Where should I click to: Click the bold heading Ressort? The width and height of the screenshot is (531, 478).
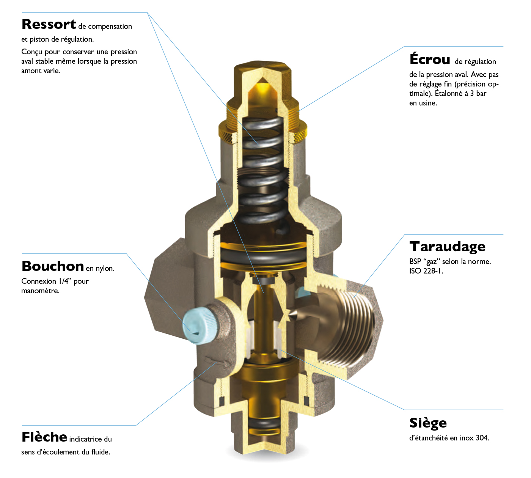[49, 24]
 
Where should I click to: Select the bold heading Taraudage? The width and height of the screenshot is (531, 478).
[447, 247]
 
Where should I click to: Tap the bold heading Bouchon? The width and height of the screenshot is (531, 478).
[53, 266]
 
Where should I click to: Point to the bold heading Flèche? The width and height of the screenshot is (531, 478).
[44, 437]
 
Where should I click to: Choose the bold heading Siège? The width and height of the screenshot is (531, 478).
[428, 423]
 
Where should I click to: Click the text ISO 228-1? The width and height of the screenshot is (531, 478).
[426, 271]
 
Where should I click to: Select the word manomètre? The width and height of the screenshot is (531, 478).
[40, 291]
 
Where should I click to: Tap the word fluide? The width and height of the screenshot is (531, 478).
[101, 452]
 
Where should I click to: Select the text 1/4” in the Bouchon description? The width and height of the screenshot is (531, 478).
[65, 281]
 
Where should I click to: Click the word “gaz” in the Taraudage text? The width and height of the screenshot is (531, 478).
[432, 262]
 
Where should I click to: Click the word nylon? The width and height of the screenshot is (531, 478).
[105, 269]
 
